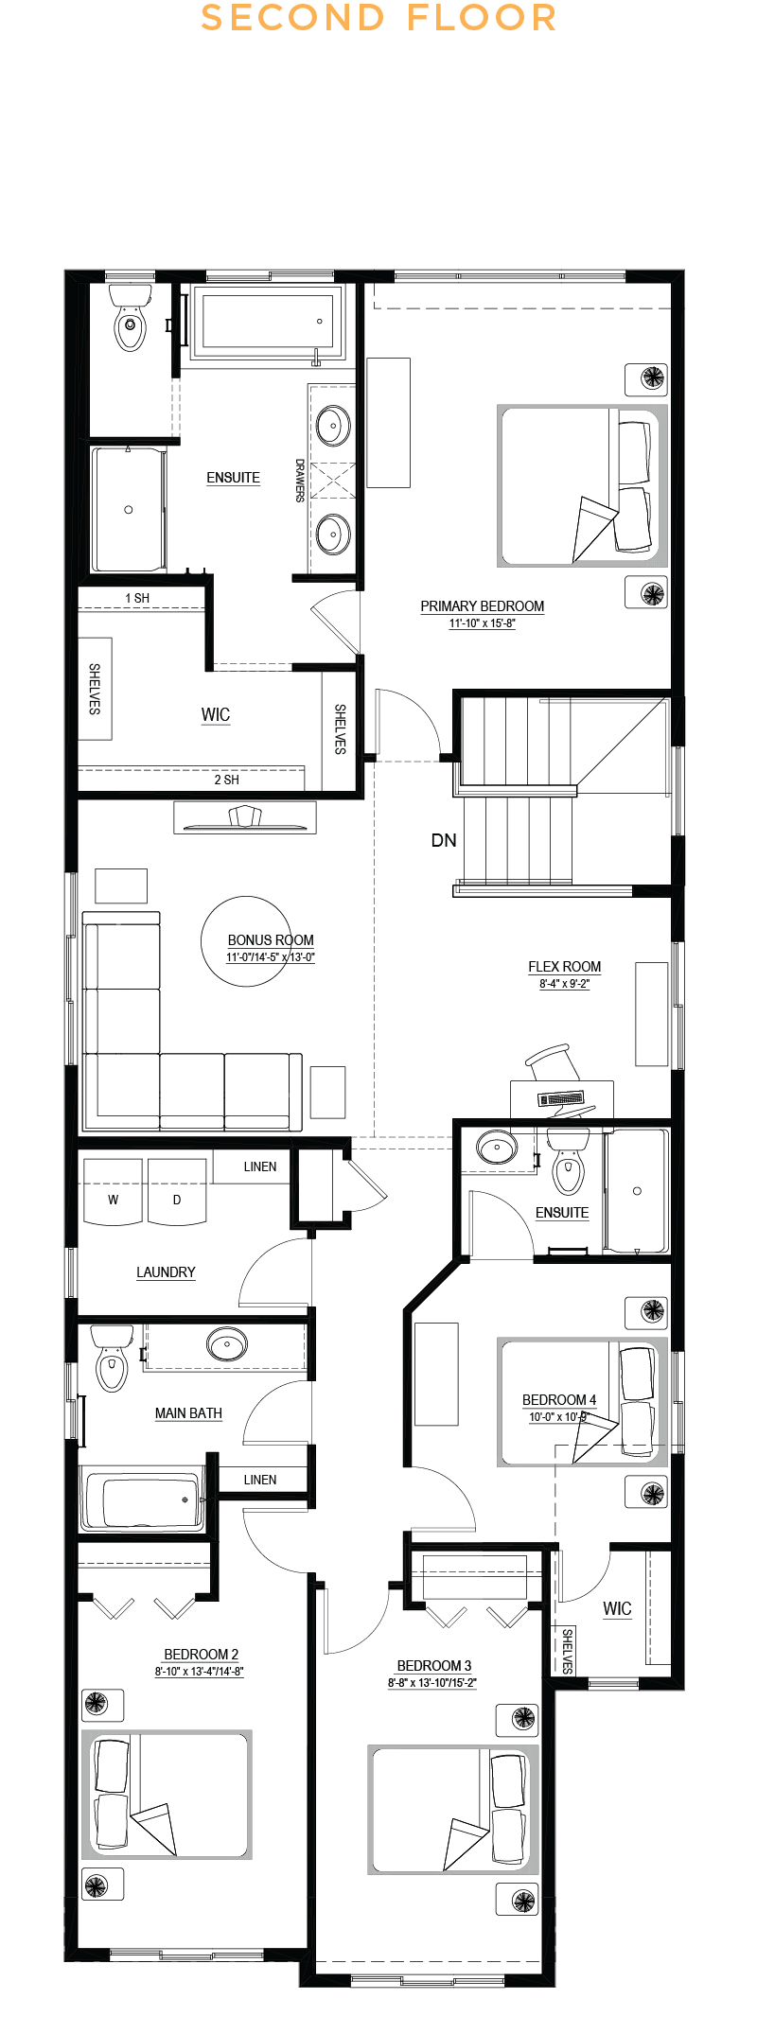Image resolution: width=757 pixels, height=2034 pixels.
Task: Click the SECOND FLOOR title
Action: pos(378,18)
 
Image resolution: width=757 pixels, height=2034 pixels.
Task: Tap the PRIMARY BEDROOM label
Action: pos(483,606)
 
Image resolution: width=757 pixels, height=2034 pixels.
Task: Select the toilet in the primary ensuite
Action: pos(130,317)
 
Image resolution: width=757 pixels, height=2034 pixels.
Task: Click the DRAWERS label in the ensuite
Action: pos(300,481)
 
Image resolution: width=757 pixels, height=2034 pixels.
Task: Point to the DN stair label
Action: pos(444,840)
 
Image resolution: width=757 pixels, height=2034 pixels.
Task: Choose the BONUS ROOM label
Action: pos(271,940)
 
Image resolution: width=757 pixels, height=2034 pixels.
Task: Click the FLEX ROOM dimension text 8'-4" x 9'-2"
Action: pos(565,984)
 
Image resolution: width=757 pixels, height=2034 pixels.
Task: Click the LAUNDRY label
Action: pos(166,1272)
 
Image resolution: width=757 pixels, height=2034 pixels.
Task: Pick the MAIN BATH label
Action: pos(188,1413)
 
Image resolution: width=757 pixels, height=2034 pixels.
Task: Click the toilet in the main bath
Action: pos(112,1359)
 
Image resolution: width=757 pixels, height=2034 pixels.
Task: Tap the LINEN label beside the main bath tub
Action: pos(260,1480)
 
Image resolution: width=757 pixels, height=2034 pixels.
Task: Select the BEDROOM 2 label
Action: pos(202,1655)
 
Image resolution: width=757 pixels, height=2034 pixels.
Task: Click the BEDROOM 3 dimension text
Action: pos(432,1683)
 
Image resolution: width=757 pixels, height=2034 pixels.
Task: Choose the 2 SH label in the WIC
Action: pos(226,780)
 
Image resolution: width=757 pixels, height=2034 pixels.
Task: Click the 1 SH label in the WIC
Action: pos(137,598)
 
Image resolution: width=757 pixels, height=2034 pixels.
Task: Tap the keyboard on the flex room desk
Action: pos(561,1098)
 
